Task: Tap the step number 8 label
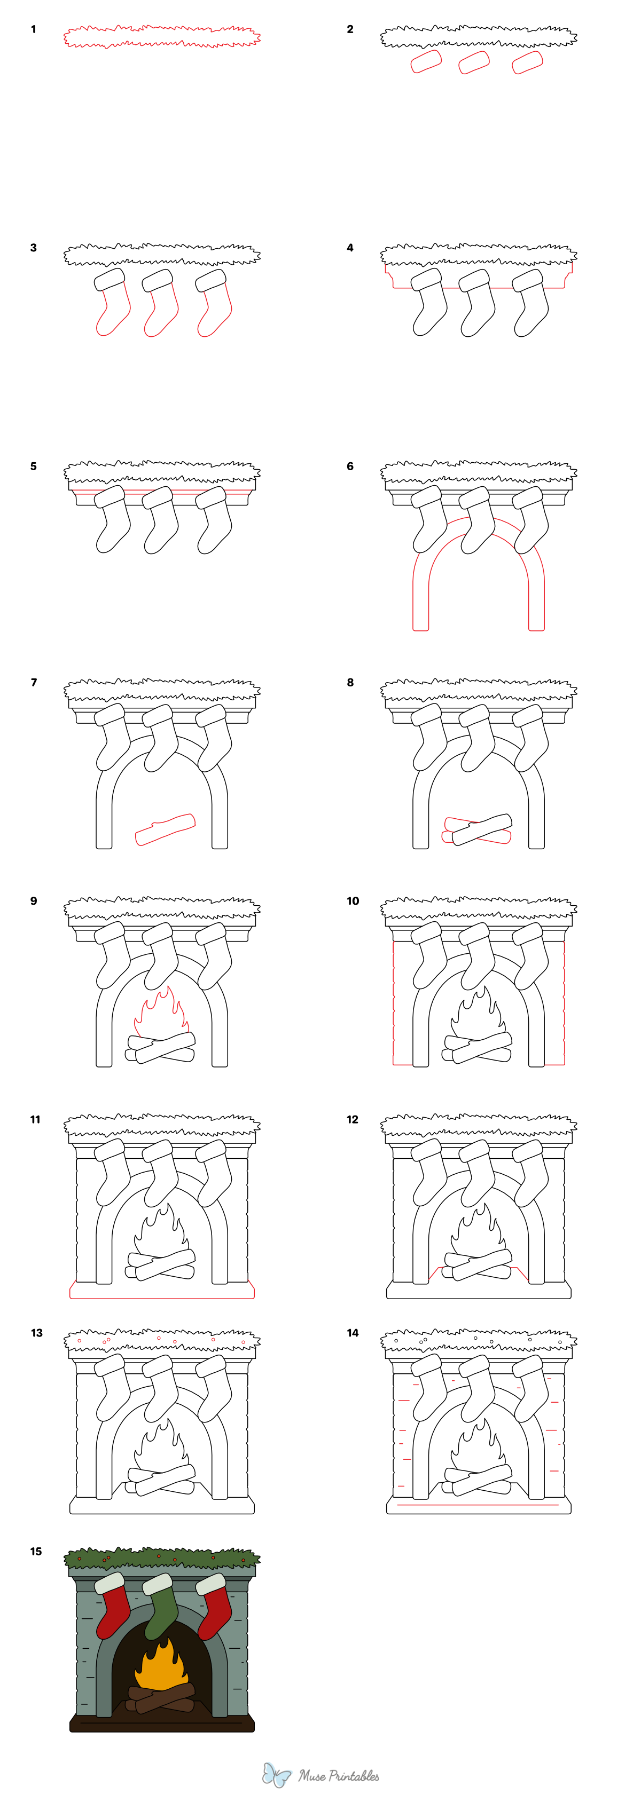point(350,682)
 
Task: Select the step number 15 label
point(36,1551)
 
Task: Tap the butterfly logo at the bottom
point(277,1775)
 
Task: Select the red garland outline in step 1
point(162,37)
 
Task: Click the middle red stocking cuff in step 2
point(474,62)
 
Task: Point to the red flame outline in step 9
point(162,1014)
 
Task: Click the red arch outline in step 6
point(479,529)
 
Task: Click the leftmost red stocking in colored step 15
point(113,1606)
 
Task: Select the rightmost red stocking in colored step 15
point(215,1606)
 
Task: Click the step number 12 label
point(352,1119)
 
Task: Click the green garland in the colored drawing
point(162,1558)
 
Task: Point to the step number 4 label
point(350,247)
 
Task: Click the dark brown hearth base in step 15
point(162,1725)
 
